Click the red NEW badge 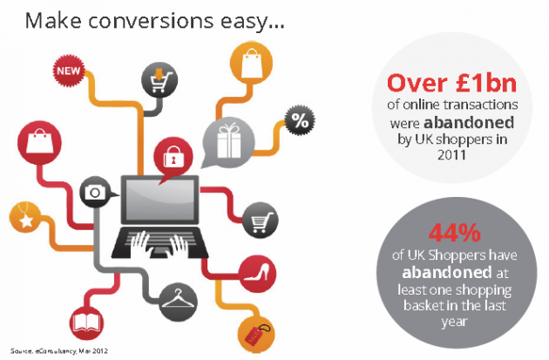(69, 71)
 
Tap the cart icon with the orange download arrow (159, 80)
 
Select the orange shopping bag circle (251, 64)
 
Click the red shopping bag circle (39, 143)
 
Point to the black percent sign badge (300, 121)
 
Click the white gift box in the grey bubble (228, 140)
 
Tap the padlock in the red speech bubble (173, 157)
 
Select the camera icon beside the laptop (95, 192)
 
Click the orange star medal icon (25, 217)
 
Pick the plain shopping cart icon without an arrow (260, 221)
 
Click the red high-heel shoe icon (257, 274)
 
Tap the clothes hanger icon (178, 302)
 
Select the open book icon (87, 323)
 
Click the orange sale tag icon (256, 335)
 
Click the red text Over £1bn (451, 84)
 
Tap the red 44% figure (455, 233)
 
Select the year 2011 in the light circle (451, 155)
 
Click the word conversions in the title (151, 21)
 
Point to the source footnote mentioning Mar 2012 (59, 351)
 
